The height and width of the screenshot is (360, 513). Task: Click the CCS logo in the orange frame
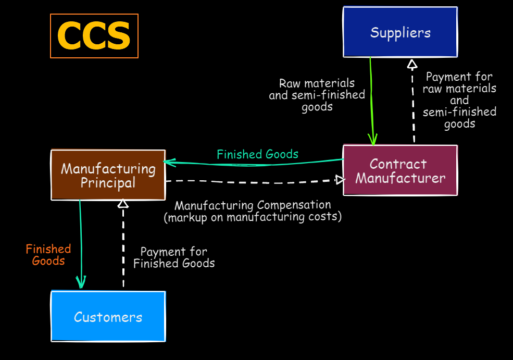(x=94, y=36)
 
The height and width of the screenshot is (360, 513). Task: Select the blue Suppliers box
(x=400, y=32)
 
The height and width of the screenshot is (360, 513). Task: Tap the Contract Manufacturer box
(x=400, y=171)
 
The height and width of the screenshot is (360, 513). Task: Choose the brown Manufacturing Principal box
(x=108, y=175)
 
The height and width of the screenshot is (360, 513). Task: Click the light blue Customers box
(x=108, y=317)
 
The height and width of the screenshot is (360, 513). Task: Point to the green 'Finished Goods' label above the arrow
(x=257, y=154)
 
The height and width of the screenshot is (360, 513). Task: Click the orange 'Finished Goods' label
(x=48, y=255)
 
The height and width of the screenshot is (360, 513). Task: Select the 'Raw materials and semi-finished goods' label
(x=317, y=95)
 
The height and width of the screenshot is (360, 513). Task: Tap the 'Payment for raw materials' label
(x=459, y=100)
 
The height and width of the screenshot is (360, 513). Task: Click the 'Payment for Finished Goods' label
(x=174, y=258)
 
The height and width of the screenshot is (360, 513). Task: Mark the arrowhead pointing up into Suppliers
(x=412, y=64)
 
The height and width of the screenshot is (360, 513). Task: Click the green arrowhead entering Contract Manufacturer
(x=373, y=140)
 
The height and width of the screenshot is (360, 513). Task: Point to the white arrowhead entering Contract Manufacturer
(x=340, y=180)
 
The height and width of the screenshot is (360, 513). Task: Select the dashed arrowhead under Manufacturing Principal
(x=122, y=204)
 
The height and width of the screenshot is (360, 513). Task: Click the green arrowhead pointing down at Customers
(x=81, y=283)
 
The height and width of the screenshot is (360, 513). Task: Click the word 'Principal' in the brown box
(x=108, y=183)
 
